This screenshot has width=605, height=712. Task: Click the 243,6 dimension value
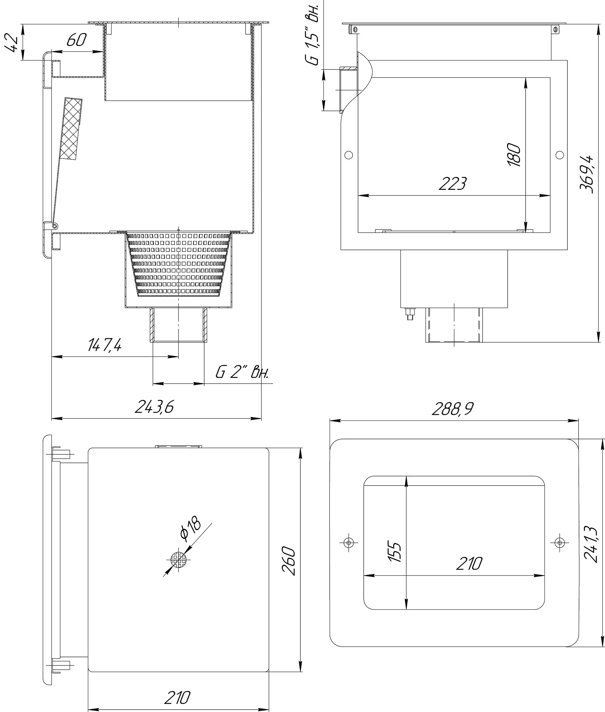154,407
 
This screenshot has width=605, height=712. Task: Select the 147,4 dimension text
105,345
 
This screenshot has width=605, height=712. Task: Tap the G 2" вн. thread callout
242,372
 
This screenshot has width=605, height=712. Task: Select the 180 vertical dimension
514,155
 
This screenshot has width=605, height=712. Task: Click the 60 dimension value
76,40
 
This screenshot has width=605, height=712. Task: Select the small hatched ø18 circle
178,560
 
